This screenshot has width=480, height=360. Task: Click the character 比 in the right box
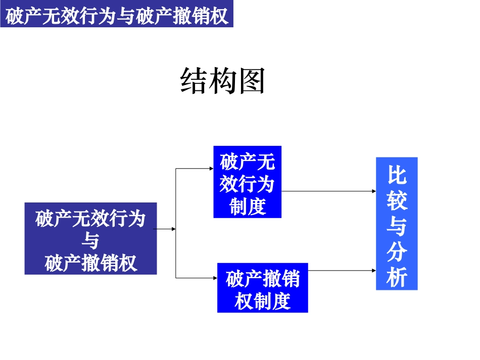(x=397, y=175)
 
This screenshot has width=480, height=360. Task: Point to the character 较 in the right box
(x=397, y=200)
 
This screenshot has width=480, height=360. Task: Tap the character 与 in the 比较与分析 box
(x=397, y=226)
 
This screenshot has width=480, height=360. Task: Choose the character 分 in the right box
(x=397, y=252)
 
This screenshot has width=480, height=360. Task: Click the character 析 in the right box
(x=397, y=277)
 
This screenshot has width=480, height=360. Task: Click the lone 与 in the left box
(x=90, y=241)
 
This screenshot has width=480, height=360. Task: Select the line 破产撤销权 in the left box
(x=90, y=263)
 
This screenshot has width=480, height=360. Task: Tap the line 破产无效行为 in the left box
(x=90, y=219)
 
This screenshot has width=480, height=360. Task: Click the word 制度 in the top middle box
(x=247, y=206)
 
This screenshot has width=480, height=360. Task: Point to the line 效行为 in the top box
(x=247, y=184)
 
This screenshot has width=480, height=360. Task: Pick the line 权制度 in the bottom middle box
(x=262, y=301)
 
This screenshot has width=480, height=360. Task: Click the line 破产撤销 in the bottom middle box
(x=262, y=279)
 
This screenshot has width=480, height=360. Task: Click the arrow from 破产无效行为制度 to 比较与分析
(x=328, y=191)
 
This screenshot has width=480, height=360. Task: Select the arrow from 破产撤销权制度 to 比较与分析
(x=342, y=271)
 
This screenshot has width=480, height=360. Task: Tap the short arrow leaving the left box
(x=165, y=229)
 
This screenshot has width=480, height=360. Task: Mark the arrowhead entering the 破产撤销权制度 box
(x=215, y=278)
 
